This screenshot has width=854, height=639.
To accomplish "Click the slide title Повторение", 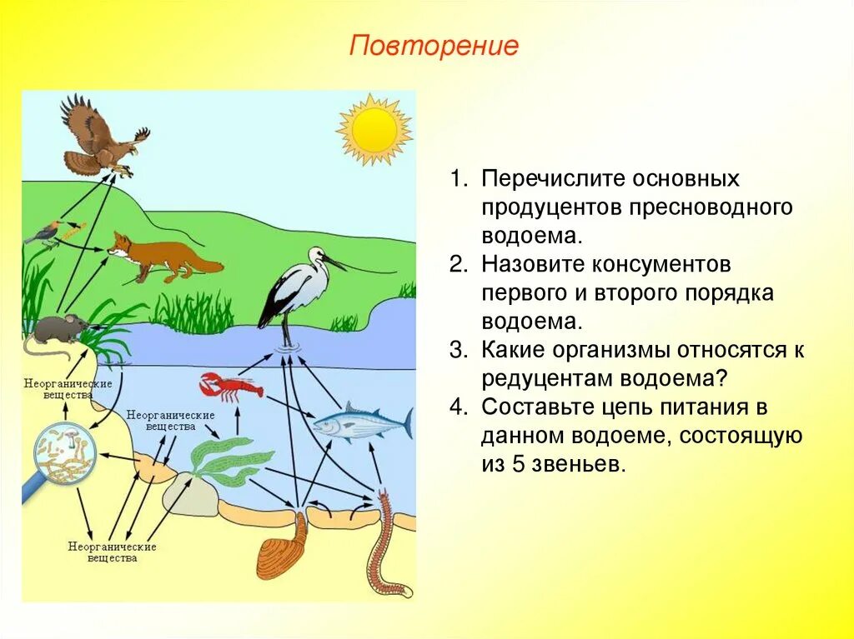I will (x=434, y=45).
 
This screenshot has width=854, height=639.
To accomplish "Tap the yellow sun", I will (x=374, y=129).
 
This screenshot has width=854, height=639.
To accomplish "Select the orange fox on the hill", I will (x=158, y=254).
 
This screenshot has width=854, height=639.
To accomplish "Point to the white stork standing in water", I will (x=292, y=287).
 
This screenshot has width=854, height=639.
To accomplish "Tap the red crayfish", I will (x=229, y=386).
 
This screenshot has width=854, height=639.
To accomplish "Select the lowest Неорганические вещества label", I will (x=113, y=552).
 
